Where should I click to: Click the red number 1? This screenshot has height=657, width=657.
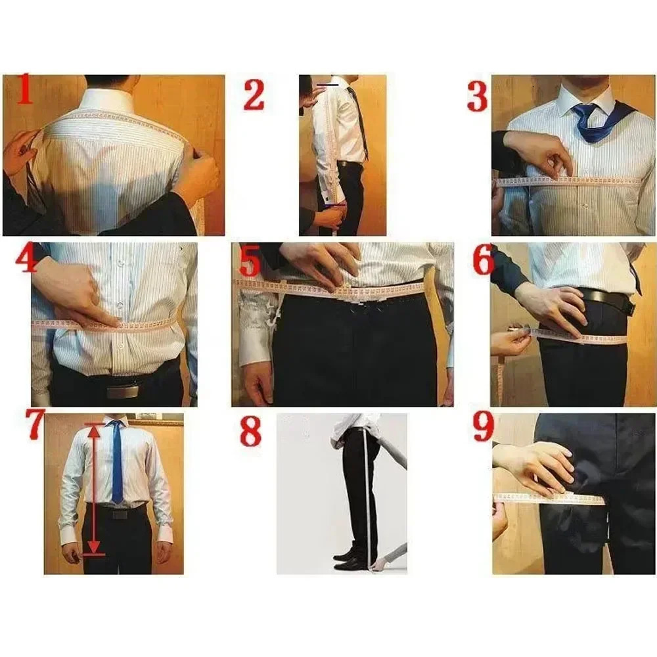pyautogui.click(x=24, y=91)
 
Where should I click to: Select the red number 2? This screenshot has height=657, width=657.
pyautogui.click(x=254, y=95)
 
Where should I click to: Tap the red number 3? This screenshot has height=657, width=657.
pyautogui.click(x=478, y=97)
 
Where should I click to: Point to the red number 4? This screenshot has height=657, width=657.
pyautogui.click(x=26, y=259)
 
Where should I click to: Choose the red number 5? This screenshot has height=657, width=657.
pyautogui.click(x=250, y=261)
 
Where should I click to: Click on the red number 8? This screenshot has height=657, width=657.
pyautogui.click(x=250, y=431)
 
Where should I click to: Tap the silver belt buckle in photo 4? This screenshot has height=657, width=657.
pyautogui.click(x=122, y=392)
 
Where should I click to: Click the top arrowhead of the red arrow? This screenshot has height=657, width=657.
pyautogui.click(x=94, y=430)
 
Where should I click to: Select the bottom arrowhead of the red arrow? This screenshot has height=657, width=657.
pyautogui.click(x=94, y=547)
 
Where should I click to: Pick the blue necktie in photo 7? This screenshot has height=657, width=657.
pyautogui.click(x=117, y=460)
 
